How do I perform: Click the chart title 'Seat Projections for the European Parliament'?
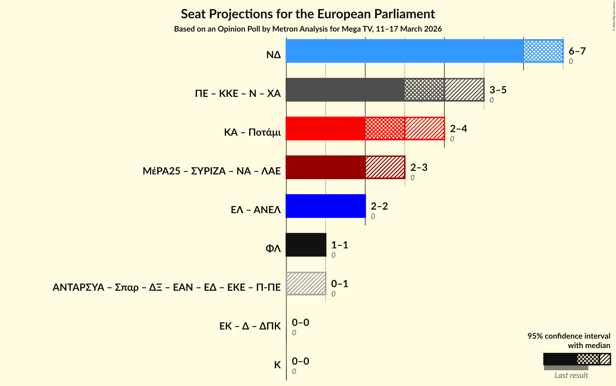click(308, 14)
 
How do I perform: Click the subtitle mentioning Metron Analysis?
click(308, 29)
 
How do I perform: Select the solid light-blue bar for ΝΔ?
click(404, 51)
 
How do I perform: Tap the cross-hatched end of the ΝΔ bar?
click(543, 51)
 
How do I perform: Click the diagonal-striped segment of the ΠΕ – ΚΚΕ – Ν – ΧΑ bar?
click(464, 90)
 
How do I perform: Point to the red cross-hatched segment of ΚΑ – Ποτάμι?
click(385, 128)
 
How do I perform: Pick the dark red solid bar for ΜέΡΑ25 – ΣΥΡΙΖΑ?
click(325, 167)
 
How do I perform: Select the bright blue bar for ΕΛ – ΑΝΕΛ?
click(325, 206)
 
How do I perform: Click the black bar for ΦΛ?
click(306, 245)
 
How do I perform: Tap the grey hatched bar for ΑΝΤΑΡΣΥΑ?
click(306, 284)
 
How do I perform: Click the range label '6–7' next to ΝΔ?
click(577, 51)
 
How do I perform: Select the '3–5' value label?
click(498, 90)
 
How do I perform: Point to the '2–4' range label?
click(458, 129)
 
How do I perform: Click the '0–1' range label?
click(340, 284)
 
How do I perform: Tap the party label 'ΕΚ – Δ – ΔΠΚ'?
click(250, 326)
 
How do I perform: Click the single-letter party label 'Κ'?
click(277, 365)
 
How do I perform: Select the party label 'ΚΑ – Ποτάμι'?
click(252, 132)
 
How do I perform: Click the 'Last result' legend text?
click(571, 375)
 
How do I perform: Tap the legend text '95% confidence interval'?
click(569, 336)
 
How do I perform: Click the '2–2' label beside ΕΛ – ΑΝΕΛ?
click(379, 206)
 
